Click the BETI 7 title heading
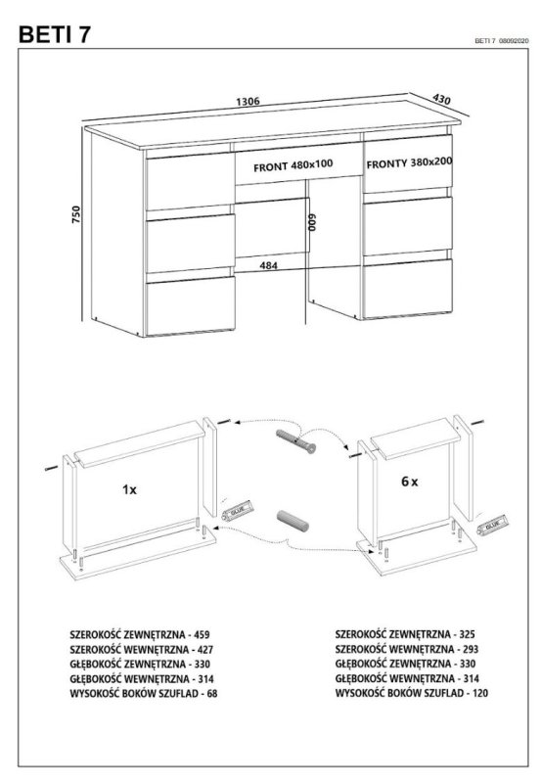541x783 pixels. [x=55, y=34]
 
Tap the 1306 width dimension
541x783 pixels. [x=248, y=101]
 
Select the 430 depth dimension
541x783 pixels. [x=441, y=99]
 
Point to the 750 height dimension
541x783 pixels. [x=76, y=214]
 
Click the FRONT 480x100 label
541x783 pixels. [x=293, y=165]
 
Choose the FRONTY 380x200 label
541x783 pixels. [x=409, y=162]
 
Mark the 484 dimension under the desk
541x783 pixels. [x=268, y=265]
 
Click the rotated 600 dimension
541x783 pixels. [x=312, y=223]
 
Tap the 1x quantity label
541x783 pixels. [x=129, y=490]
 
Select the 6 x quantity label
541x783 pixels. [x=410, y=482]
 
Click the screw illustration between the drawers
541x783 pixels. [x=296, y=441]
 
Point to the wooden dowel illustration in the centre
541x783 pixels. [x=293, y=521]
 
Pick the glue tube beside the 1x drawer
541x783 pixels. [x=237, y=509]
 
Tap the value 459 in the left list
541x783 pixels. [x=202, y=634]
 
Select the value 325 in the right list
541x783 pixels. [x=467, y=634]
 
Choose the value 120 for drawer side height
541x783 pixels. [x=479, y=693]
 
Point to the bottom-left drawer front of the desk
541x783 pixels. [x=190, y=305]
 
